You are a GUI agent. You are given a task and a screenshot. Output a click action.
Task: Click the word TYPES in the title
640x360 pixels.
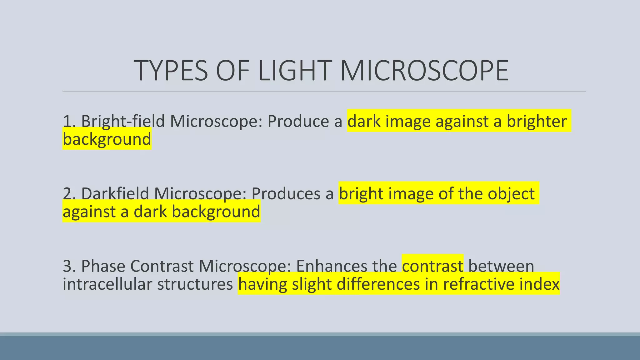pos(171,71)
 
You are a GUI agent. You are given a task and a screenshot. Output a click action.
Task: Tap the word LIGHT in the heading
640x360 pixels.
pos(295,71)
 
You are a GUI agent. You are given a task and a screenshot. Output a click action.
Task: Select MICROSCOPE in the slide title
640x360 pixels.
pos(424,71)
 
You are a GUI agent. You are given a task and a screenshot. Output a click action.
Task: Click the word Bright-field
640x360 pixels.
pos(123,121)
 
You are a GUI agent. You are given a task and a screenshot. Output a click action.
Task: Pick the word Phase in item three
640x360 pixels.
pos(103,266)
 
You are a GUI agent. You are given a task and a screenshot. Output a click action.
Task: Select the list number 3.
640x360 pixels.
pos(68,266)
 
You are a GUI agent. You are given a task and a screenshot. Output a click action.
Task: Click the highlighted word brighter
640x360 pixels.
pos(536,121)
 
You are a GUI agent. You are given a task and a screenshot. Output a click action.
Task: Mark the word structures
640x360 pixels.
pos(195,284)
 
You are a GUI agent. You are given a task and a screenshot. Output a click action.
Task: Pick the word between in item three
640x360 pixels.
pos(501,266)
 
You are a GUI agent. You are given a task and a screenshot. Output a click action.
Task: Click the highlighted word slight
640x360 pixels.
pos(312,284)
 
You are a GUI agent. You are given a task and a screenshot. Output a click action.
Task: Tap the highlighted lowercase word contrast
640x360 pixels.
pos(432,266)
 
